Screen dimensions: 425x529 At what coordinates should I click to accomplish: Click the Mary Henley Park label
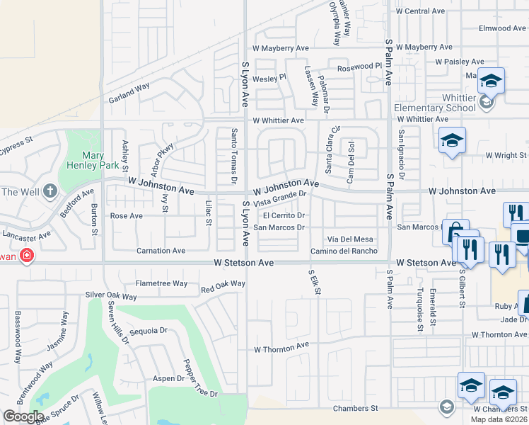(93, 161)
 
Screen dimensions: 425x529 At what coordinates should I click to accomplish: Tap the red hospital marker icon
(26, 256)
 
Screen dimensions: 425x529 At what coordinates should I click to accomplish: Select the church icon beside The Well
(50, 191)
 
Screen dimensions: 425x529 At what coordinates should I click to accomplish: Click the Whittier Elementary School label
(435, 103)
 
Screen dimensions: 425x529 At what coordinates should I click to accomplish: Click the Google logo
(23, 416)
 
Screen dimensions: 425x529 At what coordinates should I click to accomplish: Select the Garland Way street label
(129, 93)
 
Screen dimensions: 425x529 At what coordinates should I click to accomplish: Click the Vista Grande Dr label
(279, 198)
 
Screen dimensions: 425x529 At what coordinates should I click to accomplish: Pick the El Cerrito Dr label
(284, 215)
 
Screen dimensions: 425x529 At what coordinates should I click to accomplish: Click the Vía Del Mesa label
(349, 239)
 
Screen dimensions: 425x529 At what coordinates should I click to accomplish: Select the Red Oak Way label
(223, 285)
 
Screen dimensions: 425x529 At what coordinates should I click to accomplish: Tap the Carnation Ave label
(161, 251)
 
